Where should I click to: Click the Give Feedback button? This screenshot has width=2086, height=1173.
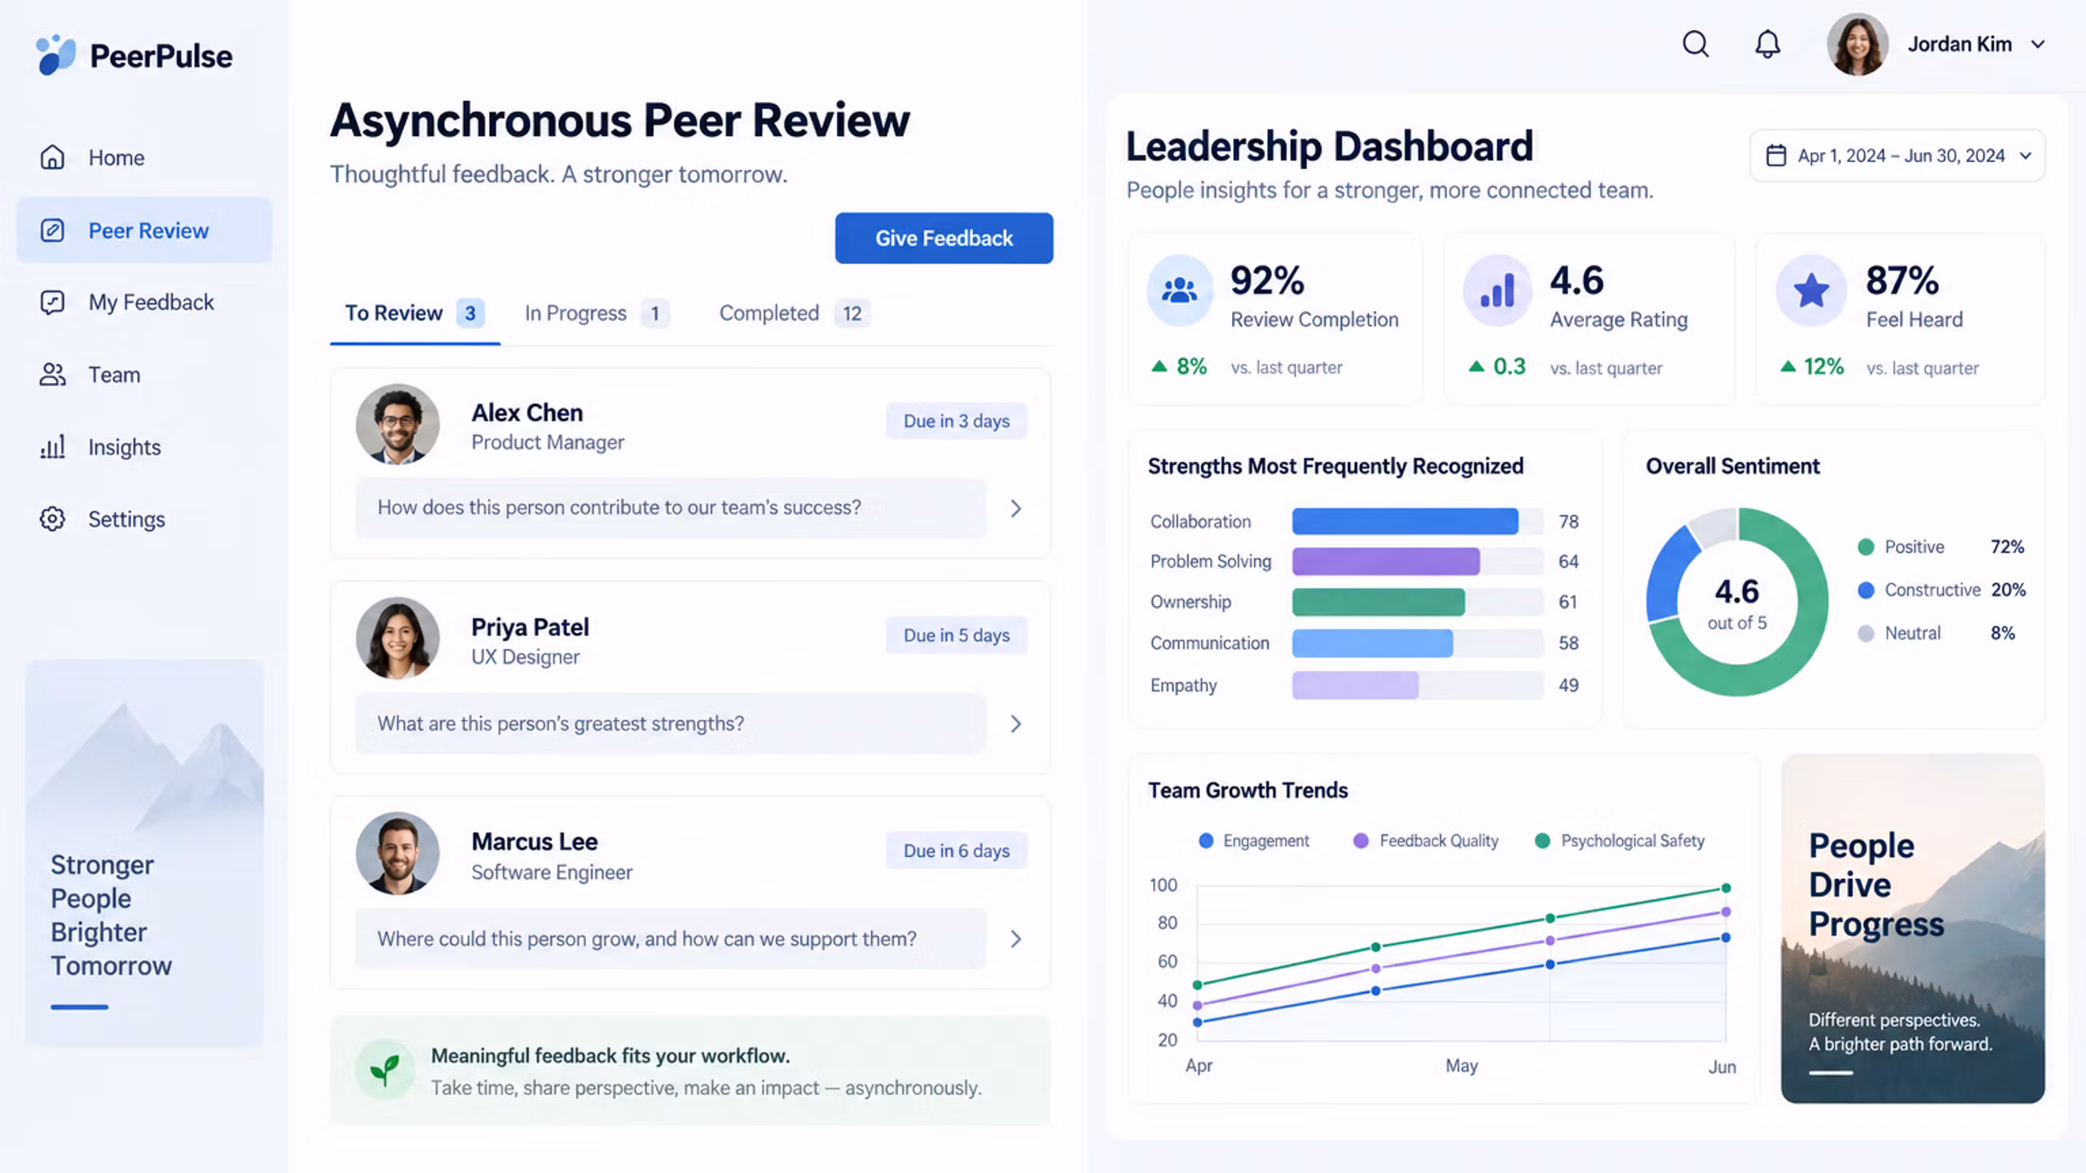[944, 238]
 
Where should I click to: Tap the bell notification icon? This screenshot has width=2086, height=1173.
[1767, 44]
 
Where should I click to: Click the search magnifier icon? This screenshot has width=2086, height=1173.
[1696, 44]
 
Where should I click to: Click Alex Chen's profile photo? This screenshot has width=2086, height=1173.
[398, 424]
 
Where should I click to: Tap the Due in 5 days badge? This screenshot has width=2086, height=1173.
[957, 635]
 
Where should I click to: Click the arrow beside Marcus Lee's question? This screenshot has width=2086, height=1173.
[1016, 939]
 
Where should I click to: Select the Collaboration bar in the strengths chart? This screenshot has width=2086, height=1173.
[1405, 521]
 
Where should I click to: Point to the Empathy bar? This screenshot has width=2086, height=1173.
[1355, 685]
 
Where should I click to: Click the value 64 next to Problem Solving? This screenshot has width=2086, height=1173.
[1569, 561]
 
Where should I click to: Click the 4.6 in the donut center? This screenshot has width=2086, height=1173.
[1736, 591]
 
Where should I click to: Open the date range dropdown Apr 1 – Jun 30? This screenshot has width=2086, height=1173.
[1897, 156]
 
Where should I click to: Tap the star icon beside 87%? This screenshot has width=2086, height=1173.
[1811, 290]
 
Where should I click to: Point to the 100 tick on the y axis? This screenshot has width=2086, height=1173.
[1163, 885]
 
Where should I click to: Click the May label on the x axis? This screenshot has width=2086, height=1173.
[1462, 1066]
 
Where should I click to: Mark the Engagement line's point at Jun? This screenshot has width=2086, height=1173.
[1725, 938]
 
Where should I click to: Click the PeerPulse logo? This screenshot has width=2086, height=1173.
[134, 55]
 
